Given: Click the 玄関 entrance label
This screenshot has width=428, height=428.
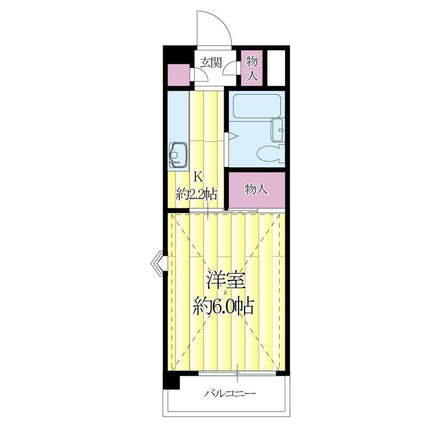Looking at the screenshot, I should [x=211, y=62].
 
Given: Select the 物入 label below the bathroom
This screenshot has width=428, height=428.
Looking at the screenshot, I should [x=256, y=189].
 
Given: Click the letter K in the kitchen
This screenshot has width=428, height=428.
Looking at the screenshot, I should [x=197, y=177].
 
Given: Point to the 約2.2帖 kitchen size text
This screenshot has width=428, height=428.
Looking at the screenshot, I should [x=197, y=193].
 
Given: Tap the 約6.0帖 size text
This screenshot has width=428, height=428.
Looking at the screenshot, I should [x=223, y=307].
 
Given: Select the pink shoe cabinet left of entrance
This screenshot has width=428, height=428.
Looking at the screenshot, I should [x=178, y=75].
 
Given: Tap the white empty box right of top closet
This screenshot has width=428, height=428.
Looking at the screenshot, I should [x=276, y=67].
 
